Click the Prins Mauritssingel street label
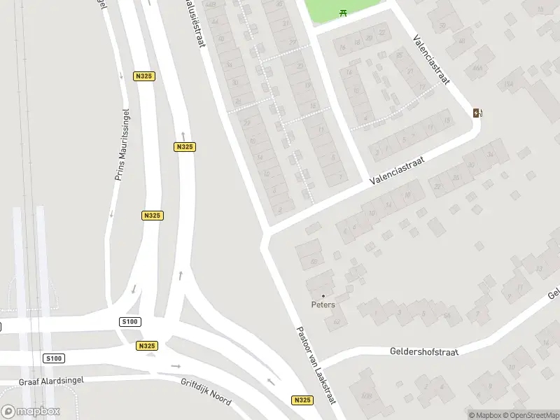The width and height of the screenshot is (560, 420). point(122,145)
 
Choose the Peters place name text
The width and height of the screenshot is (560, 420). point(323,304)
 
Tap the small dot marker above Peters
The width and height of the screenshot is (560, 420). point(323,295)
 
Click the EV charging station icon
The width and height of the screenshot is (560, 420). point(477,113)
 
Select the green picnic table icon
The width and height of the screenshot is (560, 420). point(342,13)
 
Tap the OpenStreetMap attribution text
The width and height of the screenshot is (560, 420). point(529,415)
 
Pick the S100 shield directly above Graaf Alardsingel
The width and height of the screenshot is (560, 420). point(53,358)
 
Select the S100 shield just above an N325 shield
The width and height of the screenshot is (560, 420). point(130,321)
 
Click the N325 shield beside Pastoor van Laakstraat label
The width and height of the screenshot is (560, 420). point(302,400)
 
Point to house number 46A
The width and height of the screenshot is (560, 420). point(478,69)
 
